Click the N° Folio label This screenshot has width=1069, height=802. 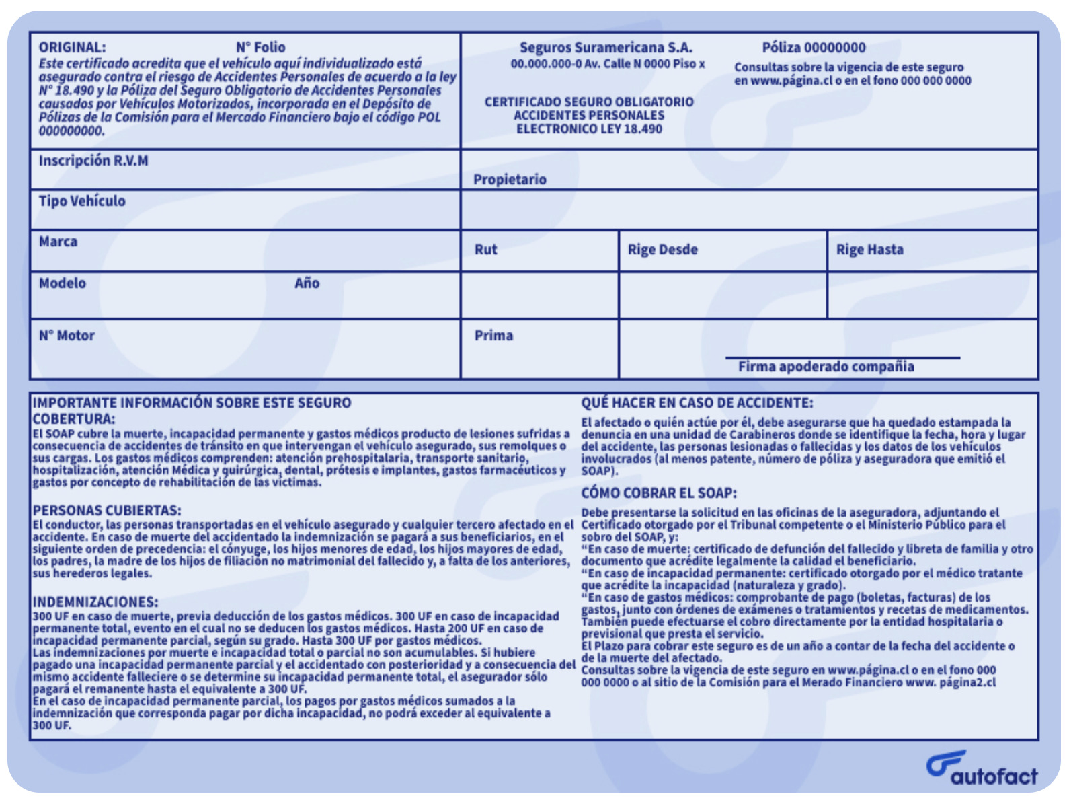coord(260,48)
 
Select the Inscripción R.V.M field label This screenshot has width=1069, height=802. coord(93,161)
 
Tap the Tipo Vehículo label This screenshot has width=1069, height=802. coord(82,201)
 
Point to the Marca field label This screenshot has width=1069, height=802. coord(58,242)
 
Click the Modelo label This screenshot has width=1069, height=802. coord(63,283)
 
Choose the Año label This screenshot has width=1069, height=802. coord(307,283)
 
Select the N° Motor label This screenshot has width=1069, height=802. coord(67,336)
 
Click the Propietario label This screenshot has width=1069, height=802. coord(510,180)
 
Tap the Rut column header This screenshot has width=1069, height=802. coord(485,250)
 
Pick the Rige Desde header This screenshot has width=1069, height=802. coord(662,250)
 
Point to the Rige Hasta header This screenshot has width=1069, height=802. coord(869,250)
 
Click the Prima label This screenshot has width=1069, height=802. coord(493,336)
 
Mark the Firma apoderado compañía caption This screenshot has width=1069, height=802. coord(826,367)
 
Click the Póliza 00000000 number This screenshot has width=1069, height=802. coord(814,48)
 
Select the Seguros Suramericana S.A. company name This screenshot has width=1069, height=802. coord(606,48)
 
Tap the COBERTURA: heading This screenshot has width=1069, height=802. coord(74,419)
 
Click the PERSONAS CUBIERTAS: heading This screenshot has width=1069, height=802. coord(107,511)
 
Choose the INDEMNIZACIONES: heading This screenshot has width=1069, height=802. coord(95,602)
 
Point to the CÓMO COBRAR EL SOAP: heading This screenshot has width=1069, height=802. coord(659,493)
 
